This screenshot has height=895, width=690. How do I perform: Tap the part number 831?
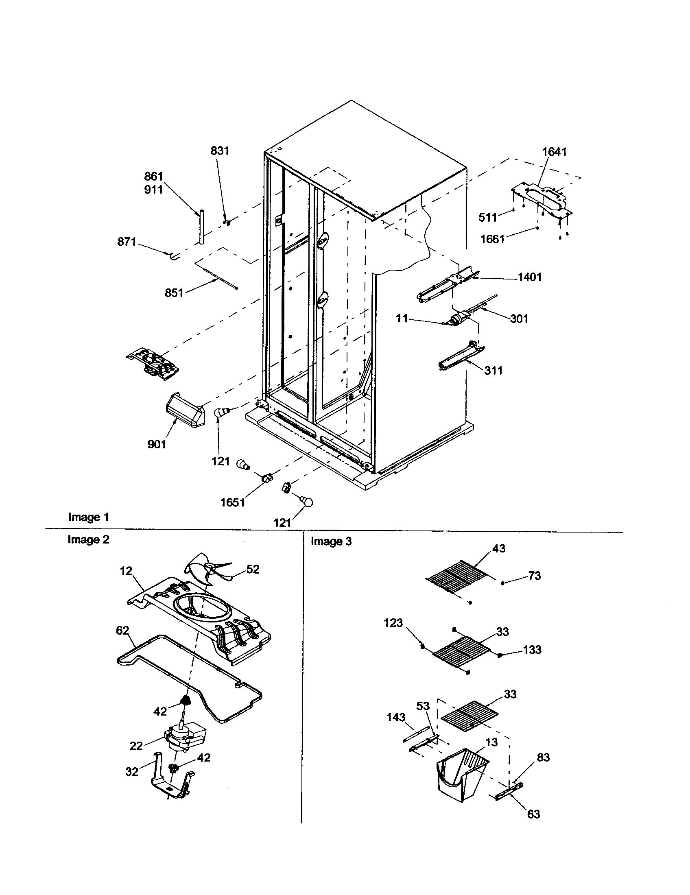[x=220, y=151]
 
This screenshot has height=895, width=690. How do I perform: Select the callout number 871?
[x=127, y=242]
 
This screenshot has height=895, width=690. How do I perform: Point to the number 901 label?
[x=157, y=444]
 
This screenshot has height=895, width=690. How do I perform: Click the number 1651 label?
[x=232, y=502]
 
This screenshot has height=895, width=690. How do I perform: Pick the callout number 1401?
[x=530, y=277]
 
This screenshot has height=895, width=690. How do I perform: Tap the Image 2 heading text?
[x=89, y=540]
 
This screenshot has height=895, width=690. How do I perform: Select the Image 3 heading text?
[x=331, y=541]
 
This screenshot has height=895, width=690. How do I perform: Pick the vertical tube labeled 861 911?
[x=201, y=227]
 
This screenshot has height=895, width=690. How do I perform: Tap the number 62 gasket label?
[x=122, y=630]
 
